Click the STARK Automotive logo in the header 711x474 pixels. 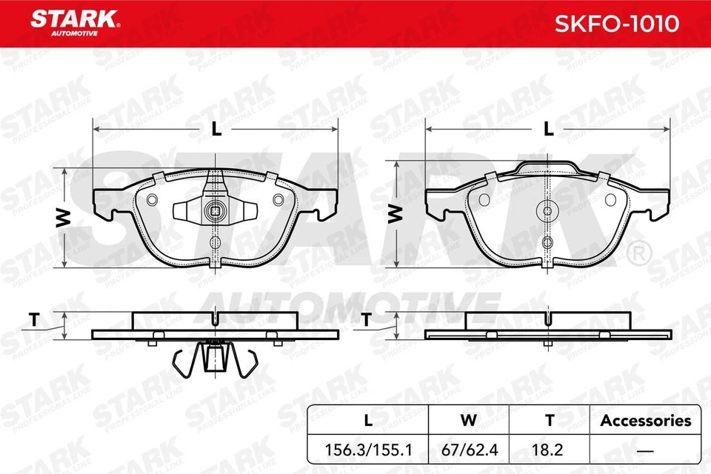point(72,23)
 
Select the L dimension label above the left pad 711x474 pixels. point(216,128)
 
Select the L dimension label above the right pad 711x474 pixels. point(548,128)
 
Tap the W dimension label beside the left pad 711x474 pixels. point(64,217)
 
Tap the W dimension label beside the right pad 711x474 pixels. point(396,215)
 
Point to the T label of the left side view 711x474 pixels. point(33,320)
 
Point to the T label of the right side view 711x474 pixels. point(366,320)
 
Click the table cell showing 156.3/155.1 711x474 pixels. point(367,449)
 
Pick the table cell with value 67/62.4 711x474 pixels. point(468,449)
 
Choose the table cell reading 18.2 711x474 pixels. point(549,449)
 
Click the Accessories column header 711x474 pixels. point(645,421)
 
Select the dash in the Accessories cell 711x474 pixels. point(645,449)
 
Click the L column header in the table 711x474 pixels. point(367,421)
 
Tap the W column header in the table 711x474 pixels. point(468,421)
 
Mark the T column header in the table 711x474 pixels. point(549,421)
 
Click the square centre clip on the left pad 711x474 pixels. point(215,210)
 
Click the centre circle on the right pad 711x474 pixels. point(547,210)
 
